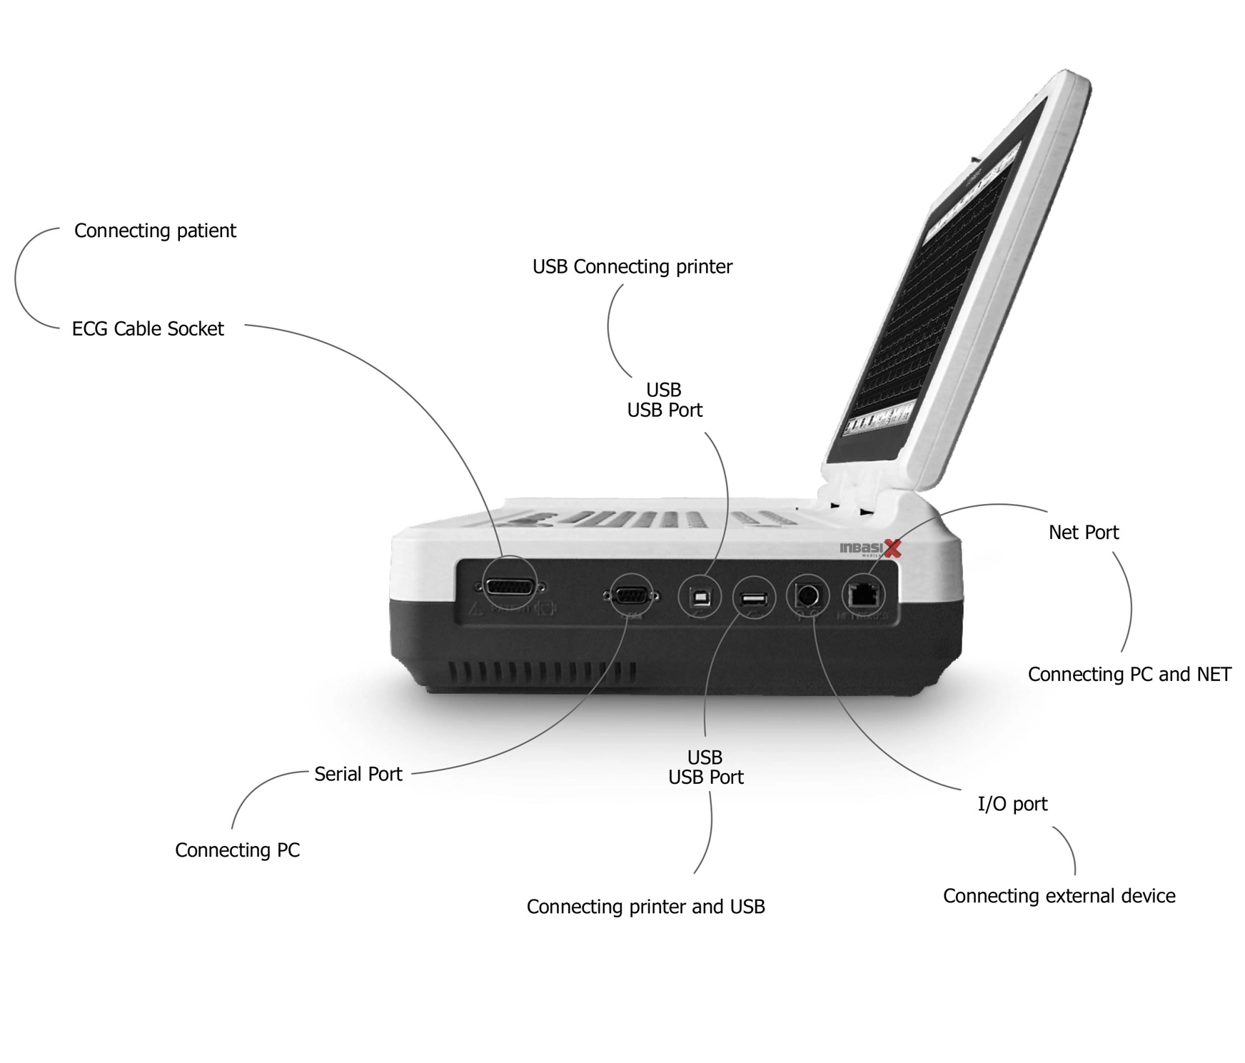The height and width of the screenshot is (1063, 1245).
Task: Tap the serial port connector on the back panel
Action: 629,596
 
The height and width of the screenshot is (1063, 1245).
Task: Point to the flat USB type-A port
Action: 754,598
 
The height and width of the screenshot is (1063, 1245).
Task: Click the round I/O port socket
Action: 807,595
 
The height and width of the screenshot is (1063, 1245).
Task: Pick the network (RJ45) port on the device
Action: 863,594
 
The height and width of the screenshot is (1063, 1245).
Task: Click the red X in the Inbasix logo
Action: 892,548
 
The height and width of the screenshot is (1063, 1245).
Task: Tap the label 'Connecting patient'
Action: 155,231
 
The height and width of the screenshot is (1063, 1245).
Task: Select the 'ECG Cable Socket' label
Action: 148,328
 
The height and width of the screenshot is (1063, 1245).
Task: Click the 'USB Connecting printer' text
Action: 632,266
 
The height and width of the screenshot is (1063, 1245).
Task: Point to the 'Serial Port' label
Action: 358,774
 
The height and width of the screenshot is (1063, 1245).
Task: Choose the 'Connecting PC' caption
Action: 237,850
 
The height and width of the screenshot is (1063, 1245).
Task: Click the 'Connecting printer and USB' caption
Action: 645,907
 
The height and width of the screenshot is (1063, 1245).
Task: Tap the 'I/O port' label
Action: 1012,804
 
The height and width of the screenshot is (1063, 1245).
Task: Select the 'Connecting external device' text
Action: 1059,896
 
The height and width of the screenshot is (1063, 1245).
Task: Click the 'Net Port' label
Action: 1083,532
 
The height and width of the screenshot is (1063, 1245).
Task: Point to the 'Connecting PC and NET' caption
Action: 1129,675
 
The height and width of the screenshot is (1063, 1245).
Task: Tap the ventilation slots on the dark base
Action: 543,672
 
